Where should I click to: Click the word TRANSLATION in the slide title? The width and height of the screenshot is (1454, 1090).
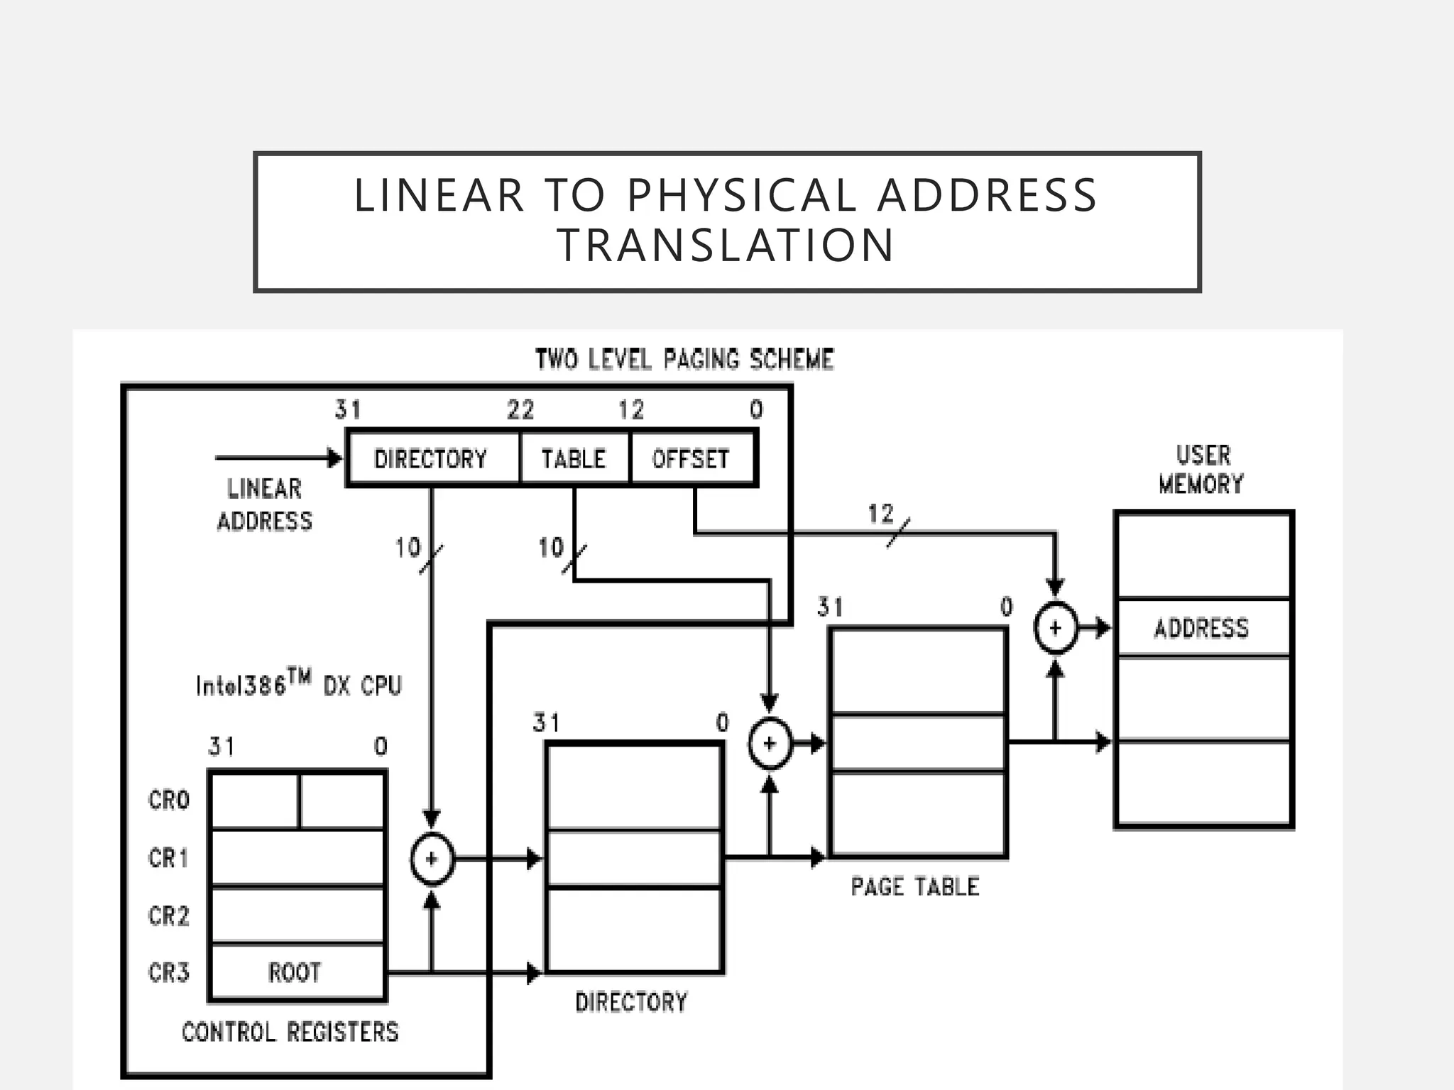pyautogui.click(x=726, y=246)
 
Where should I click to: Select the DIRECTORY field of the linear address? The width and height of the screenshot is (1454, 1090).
pyautogui.click(x=431, y=459)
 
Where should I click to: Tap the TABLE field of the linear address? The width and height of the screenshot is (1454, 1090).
pyautogui.click(x=574, y=459)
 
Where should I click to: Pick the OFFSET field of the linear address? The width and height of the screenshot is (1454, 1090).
pyautogui.click(x=690, y=459)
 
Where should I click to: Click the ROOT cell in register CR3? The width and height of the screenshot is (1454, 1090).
pyautogui.click(x=295, y=972)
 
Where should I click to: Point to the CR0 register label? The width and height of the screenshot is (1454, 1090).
pyautogui.click(x=169, y=800)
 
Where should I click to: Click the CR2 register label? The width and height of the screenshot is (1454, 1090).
pyautogui.click(x=169, y=916)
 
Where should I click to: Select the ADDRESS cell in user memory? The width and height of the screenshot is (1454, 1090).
pyautogui.click(x=1201, y=628)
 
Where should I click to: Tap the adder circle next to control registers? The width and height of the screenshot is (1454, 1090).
pyautogui.click(x=432, y=859)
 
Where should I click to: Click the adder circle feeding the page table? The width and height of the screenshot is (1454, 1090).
pyautogui.click(x=770, y=744)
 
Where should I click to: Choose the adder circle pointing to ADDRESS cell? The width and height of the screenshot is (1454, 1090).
pyautogui.click(x=1055, y=628)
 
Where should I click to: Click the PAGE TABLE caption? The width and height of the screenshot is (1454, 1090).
pyautogui.click(x=915, y=886)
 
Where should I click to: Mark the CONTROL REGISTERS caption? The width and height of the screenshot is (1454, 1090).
pyautogui.click(x=290, y=1032)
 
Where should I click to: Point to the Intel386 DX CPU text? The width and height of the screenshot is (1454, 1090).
pyautogui.click(x=299, y=684)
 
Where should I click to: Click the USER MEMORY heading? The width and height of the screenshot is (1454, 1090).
pyautogui.click(x=1201, y=470)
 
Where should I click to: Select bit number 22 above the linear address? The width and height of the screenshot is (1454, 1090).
pyautogui.click(x=520, y=410)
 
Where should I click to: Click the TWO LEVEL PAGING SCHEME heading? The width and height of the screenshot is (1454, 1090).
pyautogui.click(x=684, y=360)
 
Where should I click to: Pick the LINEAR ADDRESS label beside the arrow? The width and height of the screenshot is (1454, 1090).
pyautogui.click(x=264, y=505)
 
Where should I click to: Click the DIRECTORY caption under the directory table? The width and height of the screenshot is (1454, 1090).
pyautogui.click(x=631, y=1002)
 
